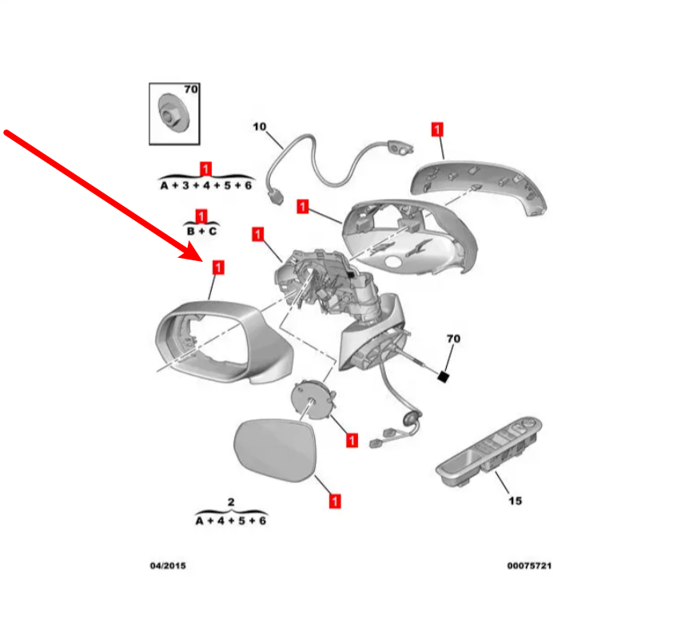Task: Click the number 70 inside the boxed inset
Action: click(190, 90)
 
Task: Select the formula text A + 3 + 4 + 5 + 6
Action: click(205, 185)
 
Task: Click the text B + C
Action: click(201, 231)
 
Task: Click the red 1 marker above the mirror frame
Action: click(217, 267)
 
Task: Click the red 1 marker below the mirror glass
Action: click(335, 501)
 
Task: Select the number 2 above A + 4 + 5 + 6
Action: click(231, 501)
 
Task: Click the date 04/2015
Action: click(168, 566)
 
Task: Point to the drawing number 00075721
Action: click(529, 566)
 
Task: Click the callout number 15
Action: click(515, 501)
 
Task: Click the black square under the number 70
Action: click(443, 376)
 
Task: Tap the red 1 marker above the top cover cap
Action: click(436, 129)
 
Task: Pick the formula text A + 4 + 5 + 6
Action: click(231, 520)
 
